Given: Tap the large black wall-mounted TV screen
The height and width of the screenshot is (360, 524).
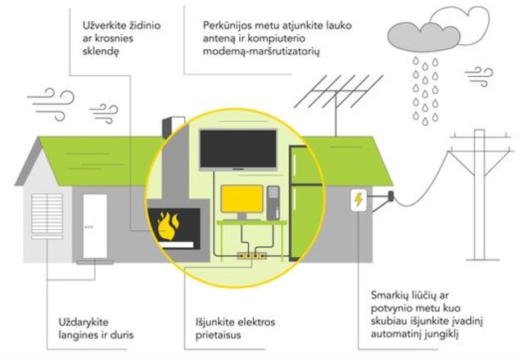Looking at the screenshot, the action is [238, 149].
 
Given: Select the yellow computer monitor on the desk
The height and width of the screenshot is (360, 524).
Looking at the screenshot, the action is [242, 199].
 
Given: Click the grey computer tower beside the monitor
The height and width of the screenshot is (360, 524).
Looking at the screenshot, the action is [273, 203].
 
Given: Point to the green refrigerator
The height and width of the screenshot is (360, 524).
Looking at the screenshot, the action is [305, 203].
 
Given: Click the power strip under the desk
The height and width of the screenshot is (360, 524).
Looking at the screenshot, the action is [252, 256].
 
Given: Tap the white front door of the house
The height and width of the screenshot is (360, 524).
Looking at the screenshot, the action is [95, 226].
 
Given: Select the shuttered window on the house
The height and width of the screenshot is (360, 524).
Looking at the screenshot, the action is [47, 215].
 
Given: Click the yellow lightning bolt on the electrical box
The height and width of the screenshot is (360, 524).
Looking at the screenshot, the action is [359, 200].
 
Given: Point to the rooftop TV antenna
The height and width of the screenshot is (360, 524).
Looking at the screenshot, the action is [337, 100].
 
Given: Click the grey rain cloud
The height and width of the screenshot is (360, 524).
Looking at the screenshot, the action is [423, 38].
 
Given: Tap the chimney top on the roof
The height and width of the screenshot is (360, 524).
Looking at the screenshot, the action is [174, 126].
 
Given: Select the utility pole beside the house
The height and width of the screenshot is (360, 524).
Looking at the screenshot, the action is [479, 195].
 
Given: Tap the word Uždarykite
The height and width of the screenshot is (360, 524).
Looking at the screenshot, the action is [84, 322].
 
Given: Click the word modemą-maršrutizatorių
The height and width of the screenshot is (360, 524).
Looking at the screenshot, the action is [261, 51].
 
